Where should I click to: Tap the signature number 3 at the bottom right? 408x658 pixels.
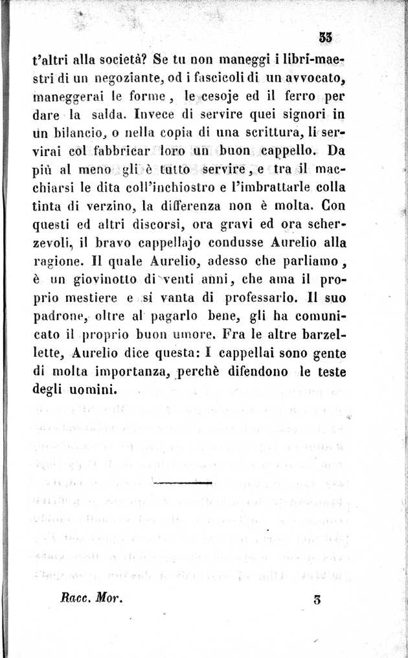click(317, 600)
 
